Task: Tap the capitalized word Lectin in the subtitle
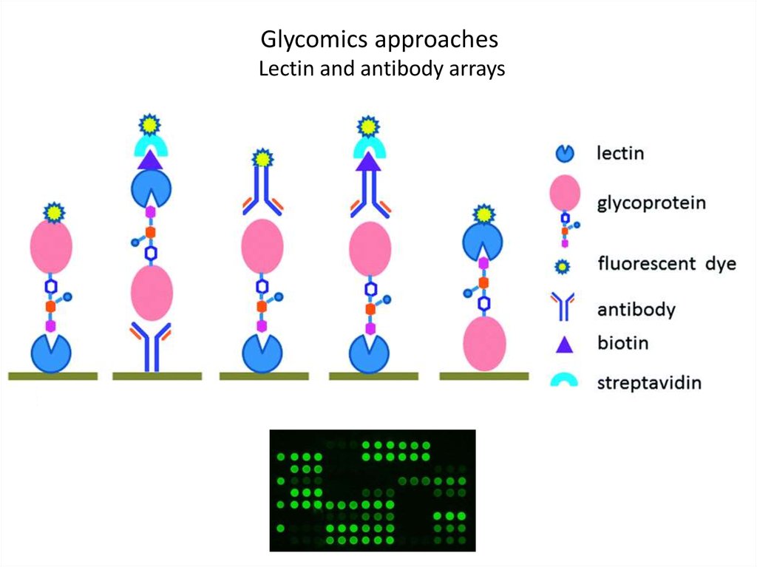tap(280, 70)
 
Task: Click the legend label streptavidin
tap(649, 382)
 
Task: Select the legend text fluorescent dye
tap(666, 263)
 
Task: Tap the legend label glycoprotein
tap(651, 203)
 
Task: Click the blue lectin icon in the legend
tap(564, 154)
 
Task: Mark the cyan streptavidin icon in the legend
tap(564, 381)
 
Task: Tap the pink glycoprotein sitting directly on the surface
tap(484, 342)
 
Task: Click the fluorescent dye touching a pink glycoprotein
tap(51, 213)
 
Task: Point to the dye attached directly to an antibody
tap(262, 159)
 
